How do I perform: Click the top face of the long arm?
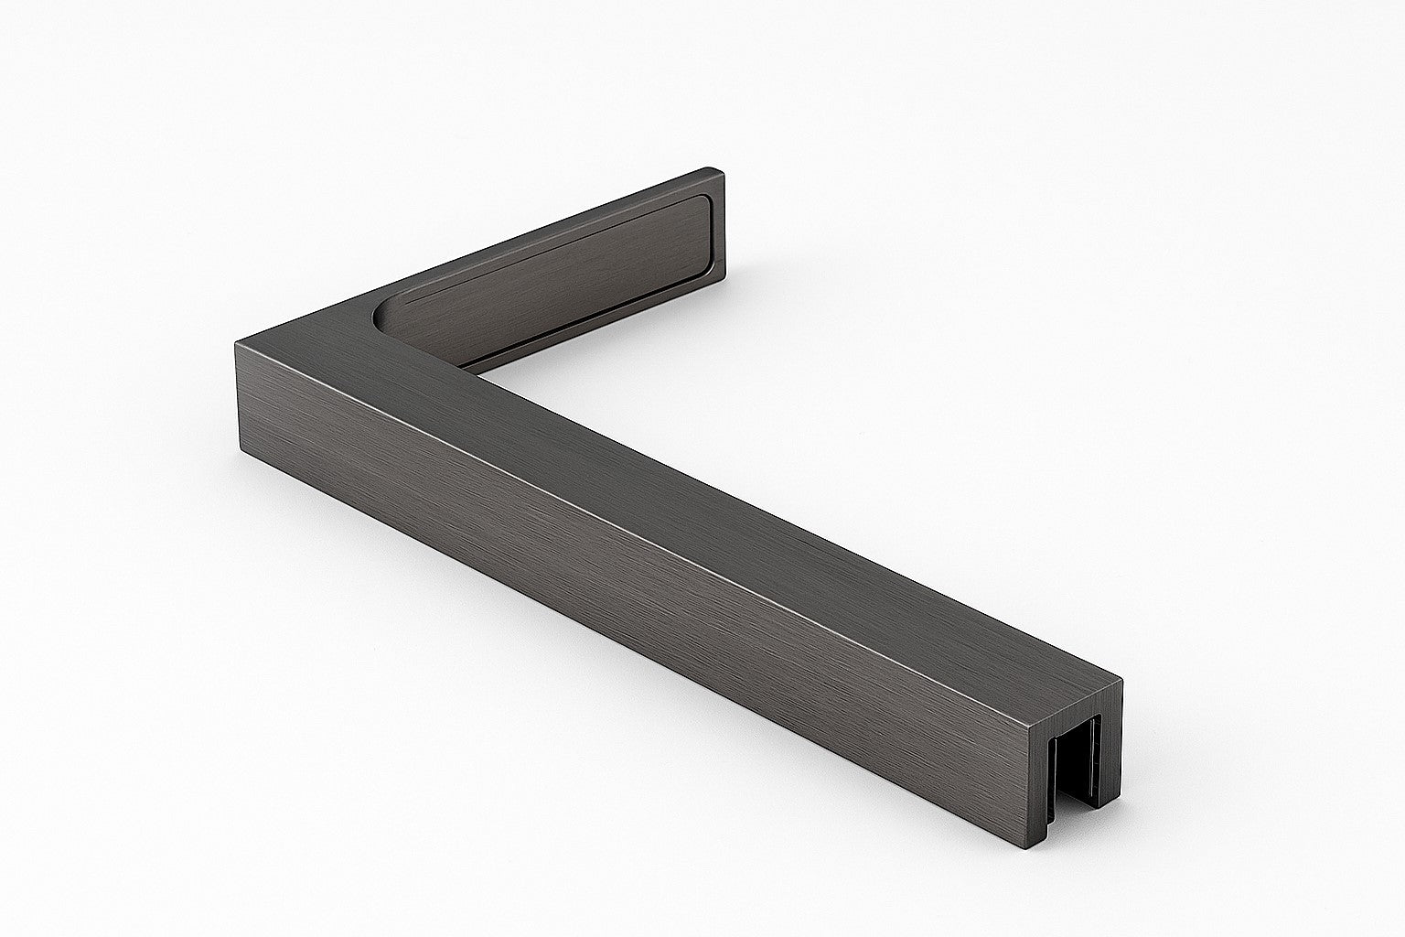pyautogui.click(x=695, y=512)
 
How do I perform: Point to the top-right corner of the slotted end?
pyautogui.click(x=1120, y=682)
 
